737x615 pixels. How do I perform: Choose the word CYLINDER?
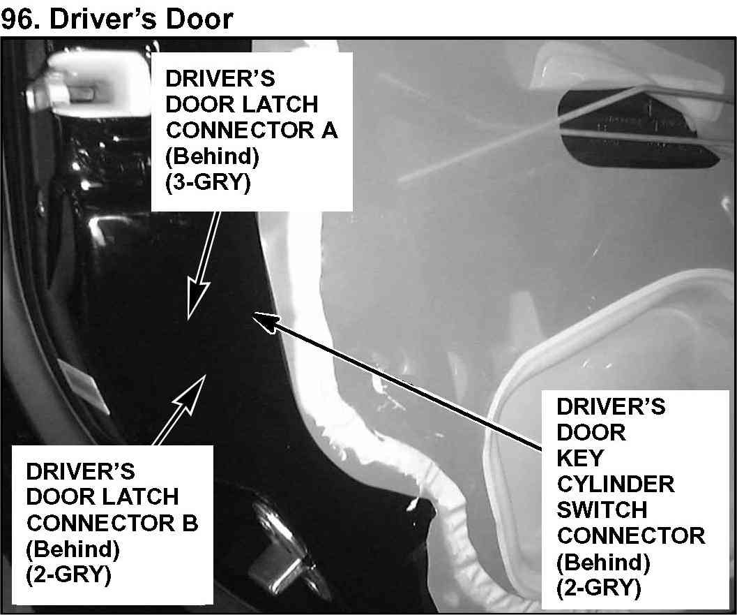(616, 484)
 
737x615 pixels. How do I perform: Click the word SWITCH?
(602, 510)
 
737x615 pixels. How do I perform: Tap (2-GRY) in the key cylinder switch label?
(598, 588)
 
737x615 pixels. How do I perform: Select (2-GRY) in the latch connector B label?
(68, 575)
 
